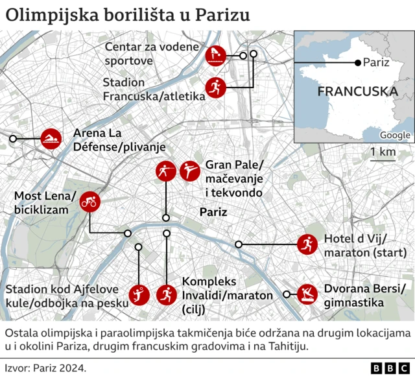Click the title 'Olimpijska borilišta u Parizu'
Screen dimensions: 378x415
[128, 15]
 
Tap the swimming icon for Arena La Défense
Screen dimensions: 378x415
[51, 139]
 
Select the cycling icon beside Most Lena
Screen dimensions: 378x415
[89, 202]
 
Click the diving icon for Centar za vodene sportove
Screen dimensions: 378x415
[215, 55]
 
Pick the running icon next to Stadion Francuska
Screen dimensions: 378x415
[215, 88]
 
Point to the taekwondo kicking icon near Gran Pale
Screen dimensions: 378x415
[190, 171]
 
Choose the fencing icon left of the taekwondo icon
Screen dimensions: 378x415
[165, 171]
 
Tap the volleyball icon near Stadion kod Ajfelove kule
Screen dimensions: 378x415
[139, 295]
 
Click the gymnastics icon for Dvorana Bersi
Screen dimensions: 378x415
[307, 295]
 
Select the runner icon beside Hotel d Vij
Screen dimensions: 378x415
[307, 244]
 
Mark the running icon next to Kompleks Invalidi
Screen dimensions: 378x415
[166, 295]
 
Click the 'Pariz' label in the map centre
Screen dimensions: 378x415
[213, 212]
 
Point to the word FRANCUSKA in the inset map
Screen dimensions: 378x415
[357, 91]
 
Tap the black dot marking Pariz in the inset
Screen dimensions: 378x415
[357, 63]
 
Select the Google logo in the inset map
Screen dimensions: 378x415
[395, 135]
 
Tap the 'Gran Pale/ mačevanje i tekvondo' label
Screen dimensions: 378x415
[234, 178]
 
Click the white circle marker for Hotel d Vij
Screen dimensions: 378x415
[239, 244]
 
